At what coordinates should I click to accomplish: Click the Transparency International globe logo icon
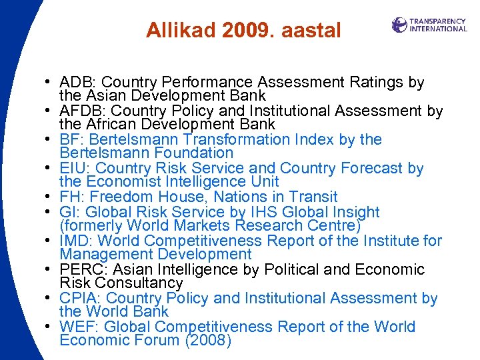click(399, 25)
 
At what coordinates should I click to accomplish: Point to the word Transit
click(313, 197)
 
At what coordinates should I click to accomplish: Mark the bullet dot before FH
click(50, 197)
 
